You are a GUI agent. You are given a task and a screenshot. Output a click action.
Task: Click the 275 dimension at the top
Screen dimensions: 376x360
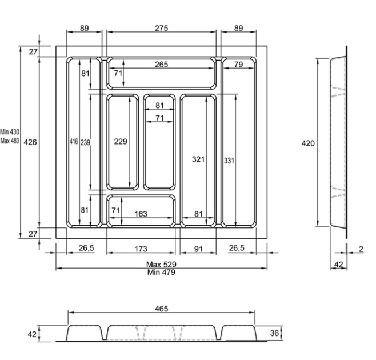(x=161, y=28)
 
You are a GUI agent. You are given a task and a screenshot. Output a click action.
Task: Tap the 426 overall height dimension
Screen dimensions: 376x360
(x=30, y=142)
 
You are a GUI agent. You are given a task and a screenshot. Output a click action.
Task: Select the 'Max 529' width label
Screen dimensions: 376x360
(x=161, y=265)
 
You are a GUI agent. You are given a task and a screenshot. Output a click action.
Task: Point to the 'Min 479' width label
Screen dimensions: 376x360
(x=161, y=272)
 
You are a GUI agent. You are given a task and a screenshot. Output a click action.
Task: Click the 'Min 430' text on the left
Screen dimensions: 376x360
(x=10, y=131)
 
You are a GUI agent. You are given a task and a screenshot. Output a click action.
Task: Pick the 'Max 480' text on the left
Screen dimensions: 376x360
(x=10, y=141)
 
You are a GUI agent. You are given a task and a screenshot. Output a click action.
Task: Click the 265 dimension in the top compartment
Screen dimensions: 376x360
(x=161, y=64)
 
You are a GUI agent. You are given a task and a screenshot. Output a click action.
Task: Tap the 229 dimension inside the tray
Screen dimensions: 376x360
(x=121, y=142)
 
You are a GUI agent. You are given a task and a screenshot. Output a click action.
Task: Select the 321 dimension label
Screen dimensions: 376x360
(x=198, y=159)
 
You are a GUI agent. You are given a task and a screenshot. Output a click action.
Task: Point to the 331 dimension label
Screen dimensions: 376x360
(x=229, y=161)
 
